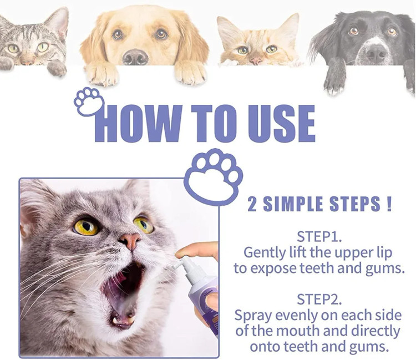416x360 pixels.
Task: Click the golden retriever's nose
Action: click(135, 57)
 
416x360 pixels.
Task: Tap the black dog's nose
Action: click(376, 53)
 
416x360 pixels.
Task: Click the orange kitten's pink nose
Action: click(256, 61)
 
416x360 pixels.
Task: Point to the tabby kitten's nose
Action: click(28, 62)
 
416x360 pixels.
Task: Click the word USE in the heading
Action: click(281, 123)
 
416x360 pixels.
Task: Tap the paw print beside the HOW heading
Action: click(89, 102)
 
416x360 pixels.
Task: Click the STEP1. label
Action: click(319, 237)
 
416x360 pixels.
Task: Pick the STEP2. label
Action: click(319, 299)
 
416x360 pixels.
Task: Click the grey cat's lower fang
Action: click(116, 320)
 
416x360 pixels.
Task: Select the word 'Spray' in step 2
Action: click(253, 316)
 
